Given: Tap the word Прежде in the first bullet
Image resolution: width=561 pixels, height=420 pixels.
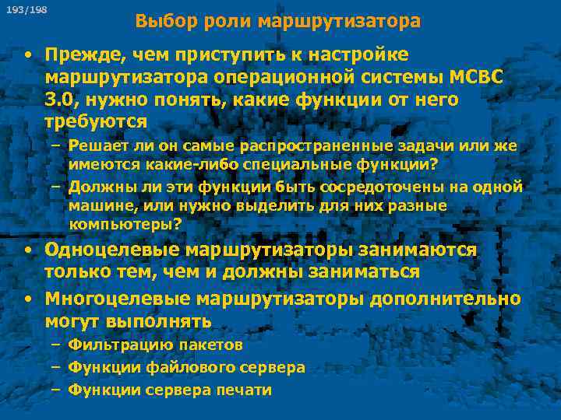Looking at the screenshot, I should coord(78,56).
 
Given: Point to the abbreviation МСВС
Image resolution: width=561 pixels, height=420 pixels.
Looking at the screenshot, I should coord(472,79).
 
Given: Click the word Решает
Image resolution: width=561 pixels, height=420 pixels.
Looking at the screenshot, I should coord(95,147).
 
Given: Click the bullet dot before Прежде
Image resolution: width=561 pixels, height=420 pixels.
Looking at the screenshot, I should coord(27,56).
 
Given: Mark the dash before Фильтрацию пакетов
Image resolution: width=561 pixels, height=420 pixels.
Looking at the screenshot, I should coord(56,345).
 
